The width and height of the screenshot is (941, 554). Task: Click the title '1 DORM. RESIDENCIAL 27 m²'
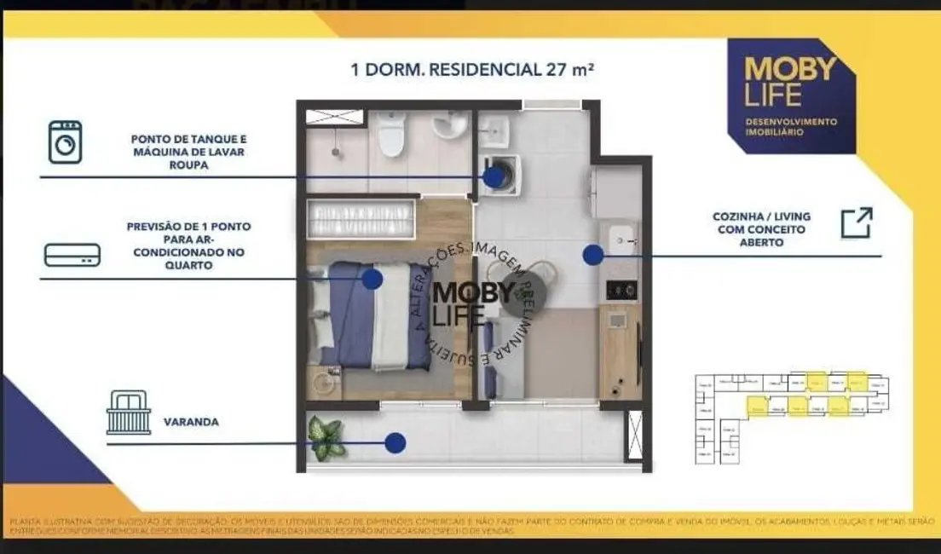pos(471,69)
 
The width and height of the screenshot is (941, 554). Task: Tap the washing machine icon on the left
pos(65,141)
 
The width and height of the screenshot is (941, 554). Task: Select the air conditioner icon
pos(72,255)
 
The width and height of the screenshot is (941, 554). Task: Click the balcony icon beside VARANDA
pos(129,413)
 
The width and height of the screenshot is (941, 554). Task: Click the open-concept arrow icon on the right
pos(856,222)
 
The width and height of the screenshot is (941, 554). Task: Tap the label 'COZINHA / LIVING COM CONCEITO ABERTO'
pos(748,229)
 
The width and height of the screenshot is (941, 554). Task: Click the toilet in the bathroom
pos(391,136)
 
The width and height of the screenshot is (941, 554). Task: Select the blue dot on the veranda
pos(394,442)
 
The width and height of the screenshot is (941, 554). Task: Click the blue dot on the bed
pos(371,279)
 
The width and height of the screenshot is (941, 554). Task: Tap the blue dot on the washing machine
pos(494,176)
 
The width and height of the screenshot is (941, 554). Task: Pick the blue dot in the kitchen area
pos(593,254)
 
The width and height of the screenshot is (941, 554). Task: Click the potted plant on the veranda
pos(326,437)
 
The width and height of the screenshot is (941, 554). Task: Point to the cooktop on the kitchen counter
pos(621,290)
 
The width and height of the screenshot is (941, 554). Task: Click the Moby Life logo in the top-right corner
pos(790,95)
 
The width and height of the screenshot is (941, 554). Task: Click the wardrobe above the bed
pos(361,218)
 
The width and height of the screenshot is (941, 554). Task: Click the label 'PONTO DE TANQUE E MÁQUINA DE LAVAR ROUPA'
pos(189,152)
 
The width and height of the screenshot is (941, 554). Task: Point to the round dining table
pos(522,287)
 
